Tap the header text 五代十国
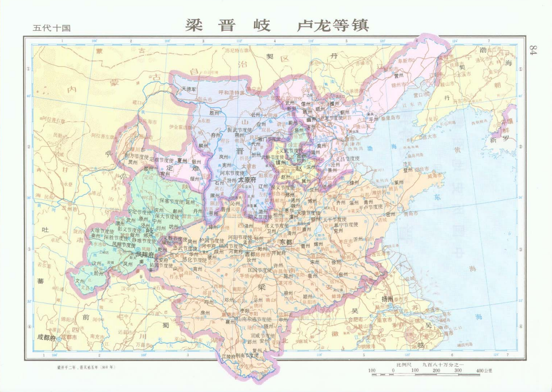[52, 28]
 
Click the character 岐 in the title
[261, 25]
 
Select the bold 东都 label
[286, 242]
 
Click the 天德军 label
[191, 89]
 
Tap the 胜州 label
[214, 113]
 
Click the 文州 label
[80, 281]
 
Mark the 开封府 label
[279, 253]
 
